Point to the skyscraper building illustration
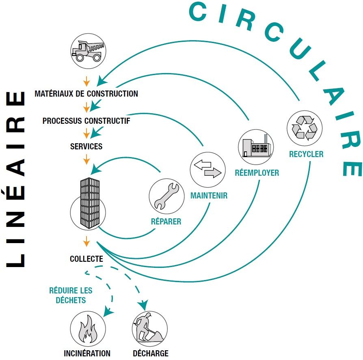tap(89, 202)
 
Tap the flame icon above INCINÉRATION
tap(88, 329)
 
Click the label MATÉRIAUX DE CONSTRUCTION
tap(86, 94)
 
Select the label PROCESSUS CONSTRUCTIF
tap(86, 121)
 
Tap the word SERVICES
tap(86, 146)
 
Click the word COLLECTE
tap(86, 259)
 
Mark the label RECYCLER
tap(306, 154)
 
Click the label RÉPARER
tap(166, 222)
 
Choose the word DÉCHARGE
tap(150, 353)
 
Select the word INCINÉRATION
tap(87, 353)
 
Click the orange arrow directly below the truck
tap(86, 78)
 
